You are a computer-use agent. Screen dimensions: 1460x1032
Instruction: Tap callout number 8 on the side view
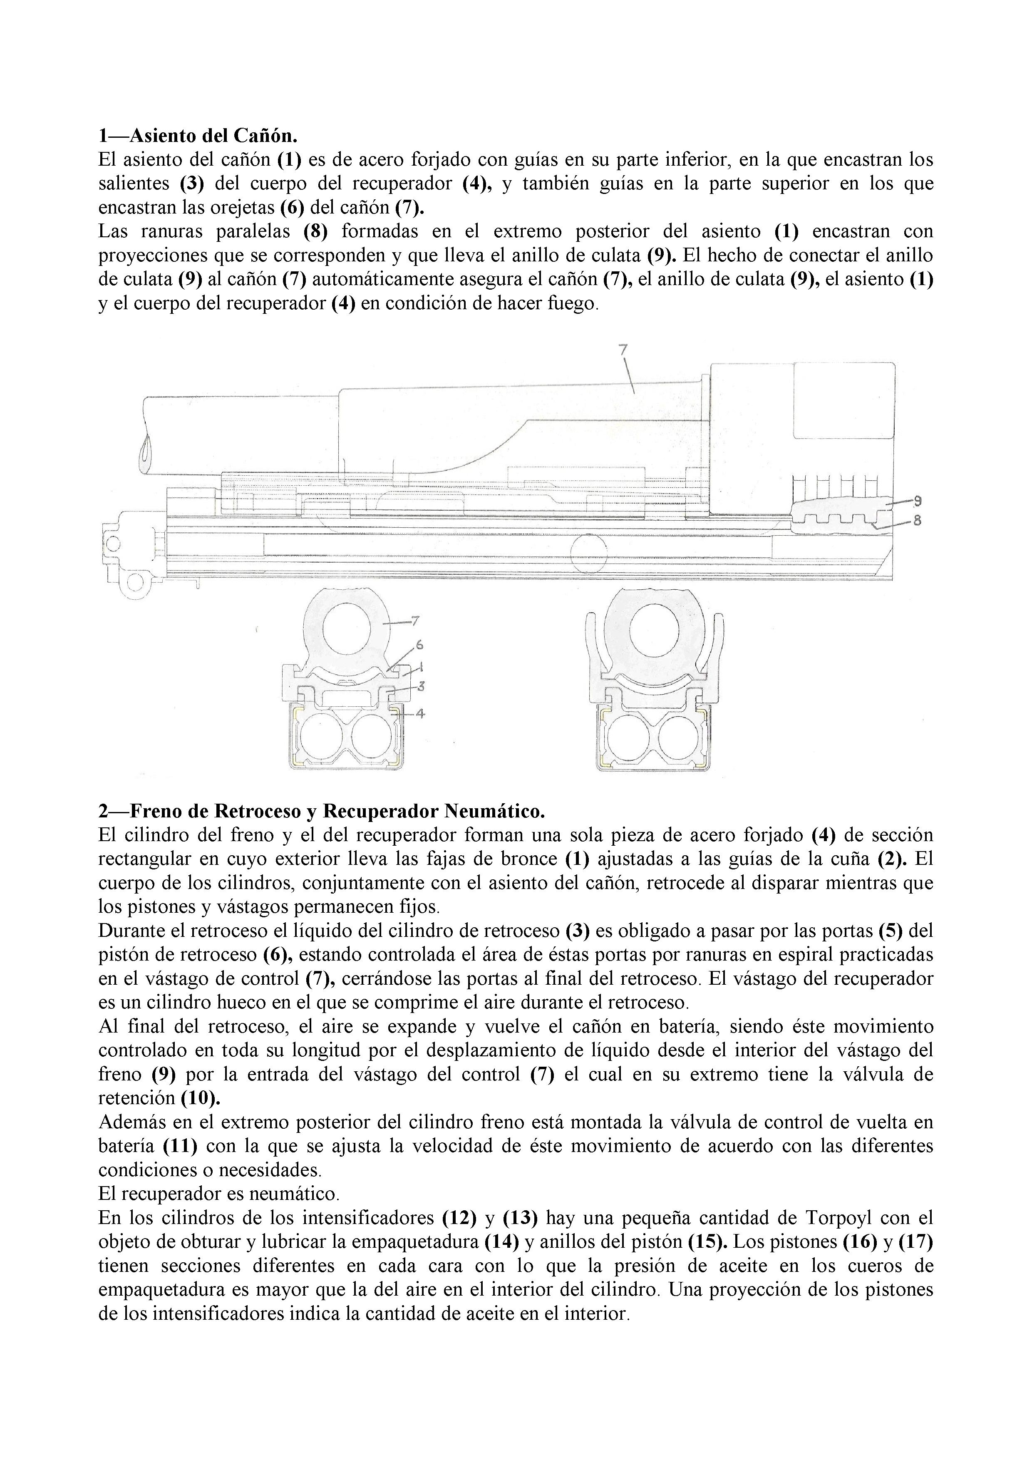917,520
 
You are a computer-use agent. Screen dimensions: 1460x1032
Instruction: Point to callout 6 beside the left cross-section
419,645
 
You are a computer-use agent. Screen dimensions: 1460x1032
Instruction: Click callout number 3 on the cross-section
421,686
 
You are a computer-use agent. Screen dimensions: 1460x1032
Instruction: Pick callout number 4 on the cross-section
420,713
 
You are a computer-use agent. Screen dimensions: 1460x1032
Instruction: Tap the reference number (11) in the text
180,1145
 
